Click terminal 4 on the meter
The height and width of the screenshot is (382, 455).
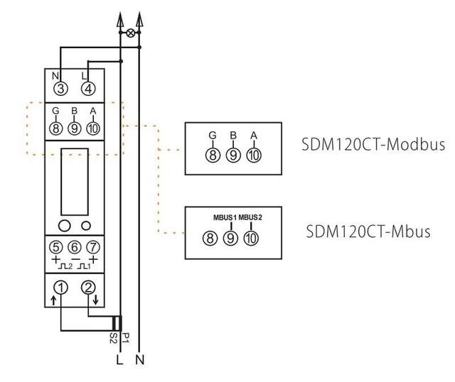tap(87, 89)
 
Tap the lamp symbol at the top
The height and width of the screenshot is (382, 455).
tap(130, 33)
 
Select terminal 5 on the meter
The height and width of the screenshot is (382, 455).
tap(56, 248)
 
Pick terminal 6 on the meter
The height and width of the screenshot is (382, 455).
tap(73, 248)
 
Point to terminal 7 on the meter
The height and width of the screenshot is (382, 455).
tap(90, 248)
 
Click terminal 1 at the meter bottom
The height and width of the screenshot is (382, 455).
tap(61, 288)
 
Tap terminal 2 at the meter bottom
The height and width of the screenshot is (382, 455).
tap(89, 288)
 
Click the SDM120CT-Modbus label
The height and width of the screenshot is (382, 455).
tap(373, 145)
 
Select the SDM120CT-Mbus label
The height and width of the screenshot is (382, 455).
tap(369, 231)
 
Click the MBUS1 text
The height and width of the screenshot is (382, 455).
tap(225, 217)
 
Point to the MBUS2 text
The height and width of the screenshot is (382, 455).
tap(251, 217)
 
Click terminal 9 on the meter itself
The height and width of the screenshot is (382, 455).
tap(73, 129)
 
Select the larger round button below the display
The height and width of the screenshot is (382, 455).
tap(64, 226)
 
